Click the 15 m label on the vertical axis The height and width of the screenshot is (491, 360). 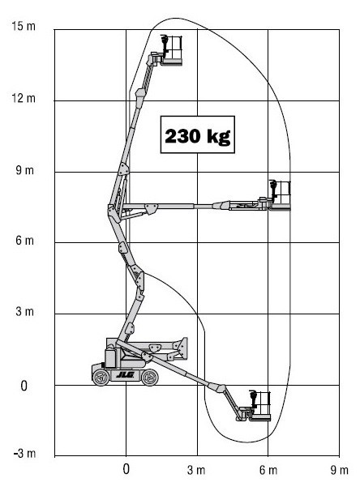tap(24, 26)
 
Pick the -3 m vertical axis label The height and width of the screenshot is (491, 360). tap(24, 453)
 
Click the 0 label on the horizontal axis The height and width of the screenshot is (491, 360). tap(126, 469)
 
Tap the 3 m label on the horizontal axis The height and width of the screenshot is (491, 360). tap(196, 470)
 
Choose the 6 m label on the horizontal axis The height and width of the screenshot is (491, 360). tap(268, 470)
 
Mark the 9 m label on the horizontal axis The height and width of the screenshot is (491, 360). tap(339, 470)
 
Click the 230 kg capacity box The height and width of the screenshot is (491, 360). tap(198, 134)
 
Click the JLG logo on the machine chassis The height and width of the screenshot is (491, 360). tap(126, 374)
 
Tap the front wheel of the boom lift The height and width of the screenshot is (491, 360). tap(150, 377)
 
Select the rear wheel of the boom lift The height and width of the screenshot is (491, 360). tap(101, 378)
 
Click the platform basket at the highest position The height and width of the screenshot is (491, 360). tap(171, 51)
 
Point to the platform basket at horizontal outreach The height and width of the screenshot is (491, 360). tap(280, 196)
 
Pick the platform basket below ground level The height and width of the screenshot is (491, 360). tap(259, 406)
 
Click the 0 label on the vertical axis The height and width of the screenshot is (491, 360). tap(24, 386)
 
